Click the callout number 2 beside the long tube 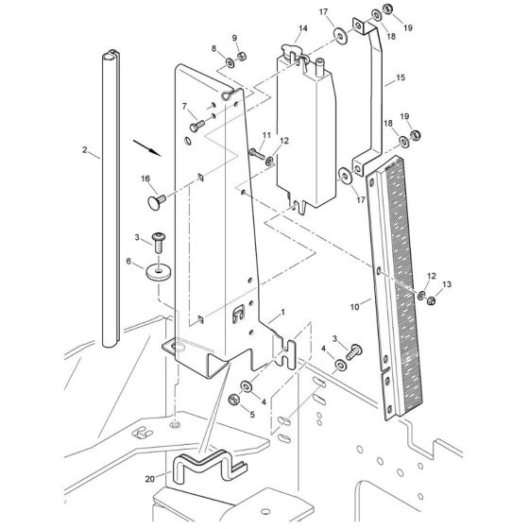coord(85,149)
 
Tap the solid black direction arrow coord(147,148)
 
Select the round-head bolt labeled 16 coord(157,201)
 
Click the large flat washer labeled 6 coord(159,271)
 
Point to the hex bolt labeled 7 coord(197,126)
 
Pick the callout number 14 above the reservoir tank coord(303,28)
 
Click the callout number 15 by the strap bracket coord(401,77)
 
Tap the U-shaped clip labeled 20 coord(209,465)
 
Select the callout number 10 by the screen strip coord(354,307)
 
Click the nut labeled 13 coord(431,300)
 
